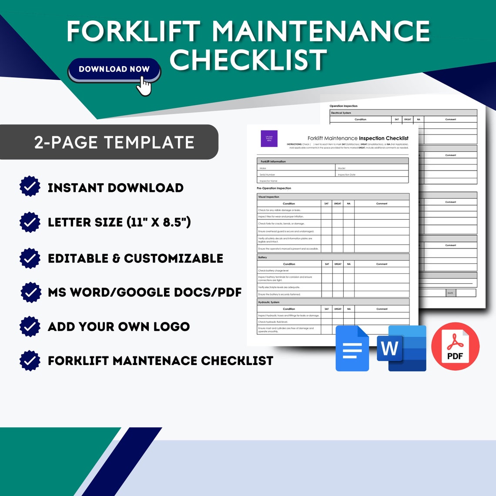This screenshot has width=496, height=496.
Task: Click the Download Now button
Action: (x=114, y=69)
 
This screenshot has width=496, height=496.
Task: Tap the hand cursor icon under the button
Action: (x=144, y=86)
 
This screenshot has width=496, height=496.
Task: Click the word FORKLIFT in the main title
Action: (x=134, y=31)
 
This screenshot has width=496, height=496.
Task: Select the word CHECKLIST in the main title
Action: (x=248, y=60)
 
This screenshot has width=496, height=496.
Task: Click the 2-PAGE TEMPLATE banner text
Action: (x=114, y=142)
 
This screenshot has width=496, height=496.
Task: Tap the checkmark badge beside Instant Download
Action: (x=30, y=187)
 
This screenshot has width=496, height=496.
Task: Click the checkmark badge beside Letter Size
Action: (x=30, y=222)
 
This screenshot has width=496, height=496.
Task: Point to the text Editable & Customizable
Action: (x=135, y=258)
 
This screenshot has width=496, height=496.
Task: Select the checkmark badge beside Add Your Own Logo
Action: (x=30, y=326)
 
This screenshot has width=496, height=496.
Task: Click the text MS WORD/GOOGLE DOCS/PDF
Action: (x=144, y=292)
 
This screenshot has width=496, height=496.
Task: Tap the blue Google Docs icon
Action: (x=352, y=348)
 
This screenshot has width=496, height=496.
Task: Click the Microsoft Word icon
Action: (x=402, y=348)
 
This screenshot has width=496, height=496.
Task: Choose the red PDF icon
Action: (x=455, y=347)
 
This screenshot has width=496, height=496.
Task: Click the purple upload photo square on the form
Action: (x=269, y=138)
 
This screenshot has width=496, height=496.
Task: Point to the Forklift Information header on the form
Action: (x=273, y=161)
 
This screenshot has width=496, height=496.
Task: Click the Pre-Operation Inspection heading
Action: (x=274, y=188)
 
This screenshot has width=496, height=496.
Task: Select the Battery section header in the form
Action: (x=263, y=257)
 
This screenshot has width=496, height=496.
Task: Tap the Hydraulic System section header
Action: (x=269, y=302)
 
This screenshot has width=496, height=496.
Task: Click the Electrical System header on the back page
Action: (x=341, y=113)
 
